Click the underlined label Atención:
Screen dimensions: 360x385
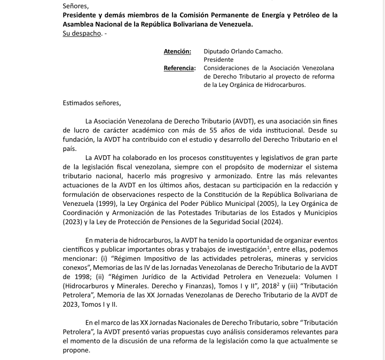tap(177, 51)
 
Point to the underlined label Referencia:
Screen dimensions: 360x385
tap(179, 68)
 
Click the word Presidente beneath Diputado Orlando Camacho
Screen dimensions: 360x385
tap(218, 60)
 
